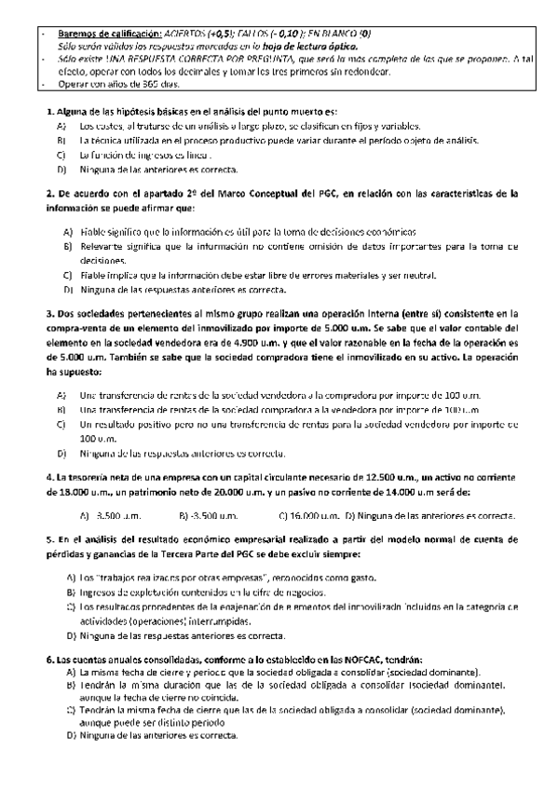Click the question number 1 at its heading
click(x=49, y=112)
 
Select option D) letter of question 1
click(x=61, y=170)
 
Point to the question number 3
click(x=49, y=314)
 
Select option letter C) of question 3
click(x=61, y=425)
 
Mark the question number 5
click(x=49, y=540)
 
